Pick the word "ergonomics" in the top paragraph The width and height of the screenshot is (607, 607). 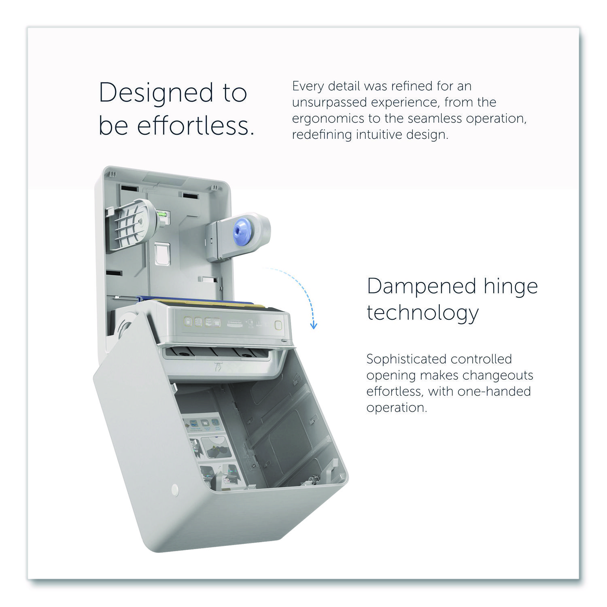click(328, 119)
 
